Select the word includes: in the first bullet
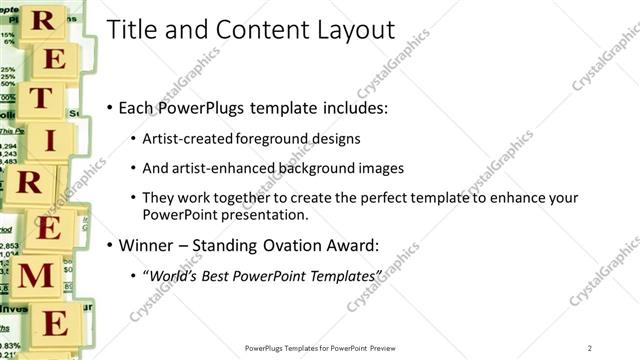pyautogui.click(x=352, y=107)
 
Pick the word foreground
pyautogui.click(x=272, y=138)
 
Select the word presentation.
pyautogui.click(x=259, y=214)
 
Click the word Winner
pyautogui.click(x=146, y=245)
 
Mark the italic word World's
pyautogui.click(x=175, y=275)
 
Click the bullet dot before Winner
pyautogui.click(x=108, y=245)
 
